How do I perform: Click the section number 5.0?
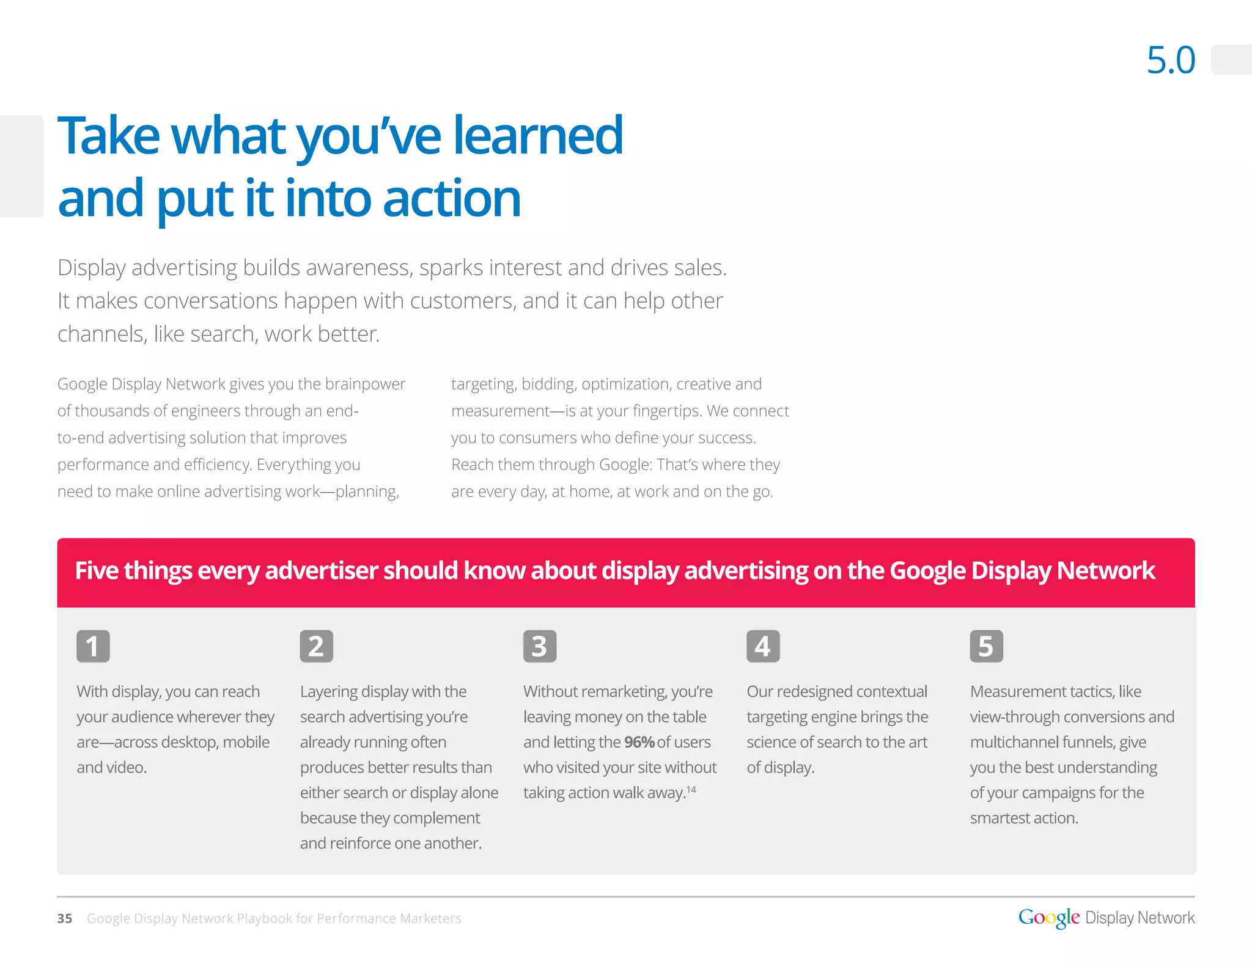(1170, 60)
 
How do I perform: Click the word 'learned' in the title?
(537, 136)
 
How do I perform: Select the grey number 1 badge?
(93, 646)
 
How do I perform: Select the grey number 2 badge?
(316, 646)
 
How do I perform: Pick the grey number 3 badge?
(539, 646)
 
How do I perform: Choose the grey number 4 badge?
(762, 646)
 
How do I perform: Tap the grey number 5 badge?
(985, 646)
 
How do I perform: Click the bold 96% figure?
(639, 742)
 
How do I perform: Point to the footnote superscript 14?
(691, 790)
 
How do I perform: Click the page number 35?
(64, 918)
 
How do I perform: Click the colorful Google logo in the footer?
(1048, 917)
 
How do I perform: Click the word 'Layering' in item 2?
(328, 691)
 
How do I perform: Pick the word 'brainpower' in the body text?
(365, 384)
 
